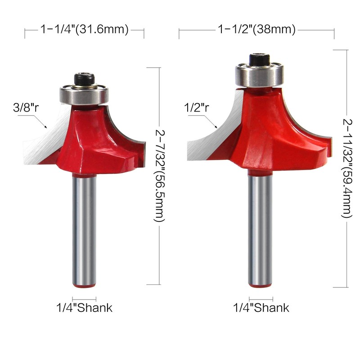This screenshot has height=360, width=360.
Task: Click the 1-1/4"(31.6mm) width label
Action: point(85,30)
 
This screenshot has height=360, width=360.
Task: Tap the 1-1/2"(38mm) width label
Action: point(256,30)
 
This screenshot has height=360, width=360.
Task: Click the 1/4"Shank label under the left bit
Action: point(84,308)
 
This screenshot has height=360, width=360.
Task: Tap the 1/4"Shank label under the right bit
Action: point(261,308)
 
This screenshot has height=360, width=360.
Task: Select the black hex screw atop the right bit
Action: point(259,60)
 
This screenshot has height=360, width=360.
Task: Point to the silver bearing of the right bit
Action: point(259,76)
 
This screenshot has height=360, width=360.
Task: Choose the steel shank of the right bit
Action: point(261,225)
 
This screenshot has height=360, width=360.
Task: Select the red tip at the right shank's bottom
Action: point(261,284)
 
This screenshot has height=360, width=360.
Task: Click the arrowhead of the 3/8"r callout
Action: point(46,128)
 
